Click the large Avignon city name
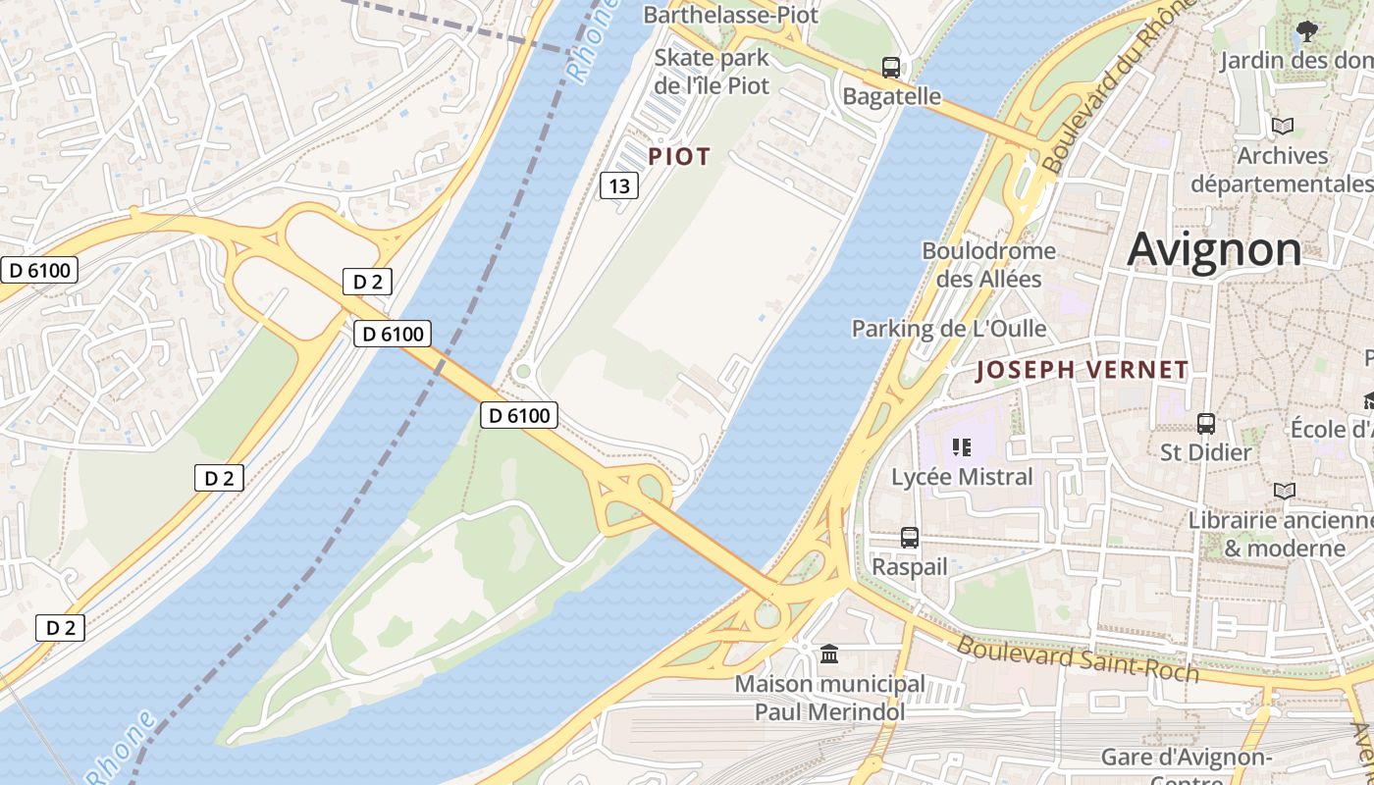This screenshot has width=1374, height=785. (x=1214, y=249)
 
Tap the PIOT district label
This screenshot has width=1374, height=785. (x=679, y=156)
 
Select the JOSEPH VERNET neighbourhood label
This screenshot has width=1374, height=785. (x=1083, y=370)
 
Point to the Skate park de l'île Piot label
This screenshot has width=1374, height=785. (x=713, y=72)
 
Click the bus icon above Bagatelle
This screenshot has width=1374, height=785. (x=891, y=68)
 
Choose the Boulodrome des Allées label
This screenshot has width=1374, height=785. (x=988, y=265)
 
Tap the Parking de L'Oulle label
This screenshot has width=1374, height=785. (x=949, y=329)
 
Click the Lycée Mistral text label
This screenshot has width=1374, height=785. (x=962, y=477)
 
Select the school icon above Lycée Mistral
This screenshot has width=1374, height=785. (x=962, y=448)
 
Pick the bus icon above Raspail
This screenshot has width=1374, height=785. (x=910, y=538)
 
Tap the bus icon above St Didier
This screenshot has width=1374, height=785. (x=1206, y=424)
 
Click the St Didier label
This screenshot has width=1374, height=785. (x=1206, y=452)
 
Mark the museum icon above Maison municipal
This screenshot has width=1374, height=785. (x=829, y=654)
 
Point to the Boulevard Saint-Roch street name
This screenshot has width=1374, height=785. (x=1078, y=658)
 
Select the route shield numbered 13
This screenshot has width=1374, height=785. (x=619, y=184)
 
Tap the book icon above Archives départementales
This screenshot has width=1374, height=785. (x=1282, y=127)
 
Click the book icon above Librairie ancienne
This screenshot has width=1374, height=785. (x=1284, y=491)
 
